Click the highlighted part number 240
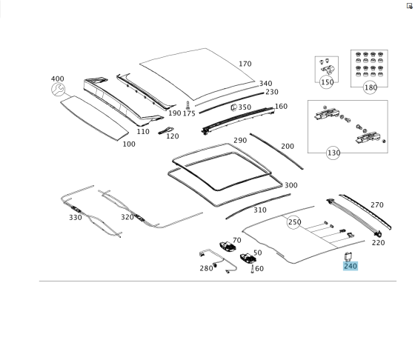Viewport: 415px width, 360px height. coord(351,266)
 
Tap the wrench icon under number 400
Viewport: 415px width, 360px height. coord(59,90)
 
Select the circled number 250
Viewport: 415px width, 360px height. coord(293,222)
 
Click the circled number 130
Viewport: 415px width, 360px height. coord(333,153)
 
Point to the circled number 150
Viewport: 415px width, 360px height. coord(327,82)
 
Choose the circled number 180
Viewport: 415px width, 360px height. coord(371,87)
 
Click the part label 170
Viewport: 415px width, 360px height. coord(245,64)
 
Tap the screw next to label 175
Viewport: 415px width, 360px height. coord(187,105)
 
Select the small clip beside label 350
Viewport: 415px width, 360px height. coord(233,107)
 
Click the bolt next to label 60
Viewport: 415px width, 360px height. coord(252,270)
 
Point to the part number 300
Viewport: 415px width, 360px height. coord(290,185)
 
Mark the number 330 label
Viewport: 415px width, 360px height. coord(76,218)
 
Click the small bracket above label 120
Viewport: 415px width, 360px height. coord(166,130)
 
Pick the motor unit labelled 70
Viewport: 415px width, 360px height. coord(228,246)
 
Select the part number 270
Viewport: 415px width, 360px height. coord(377,205)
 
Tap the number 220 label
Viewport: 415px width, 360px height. coord(378,242)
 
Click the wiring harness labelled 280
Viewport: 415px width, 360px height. coord(218,261)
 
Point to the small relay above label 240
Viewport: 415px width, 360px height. coord(347,256)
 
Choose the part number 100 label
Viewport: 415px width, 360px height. coord(129,144)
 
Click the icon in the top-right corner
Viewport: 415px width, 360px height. coord(409,6)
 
